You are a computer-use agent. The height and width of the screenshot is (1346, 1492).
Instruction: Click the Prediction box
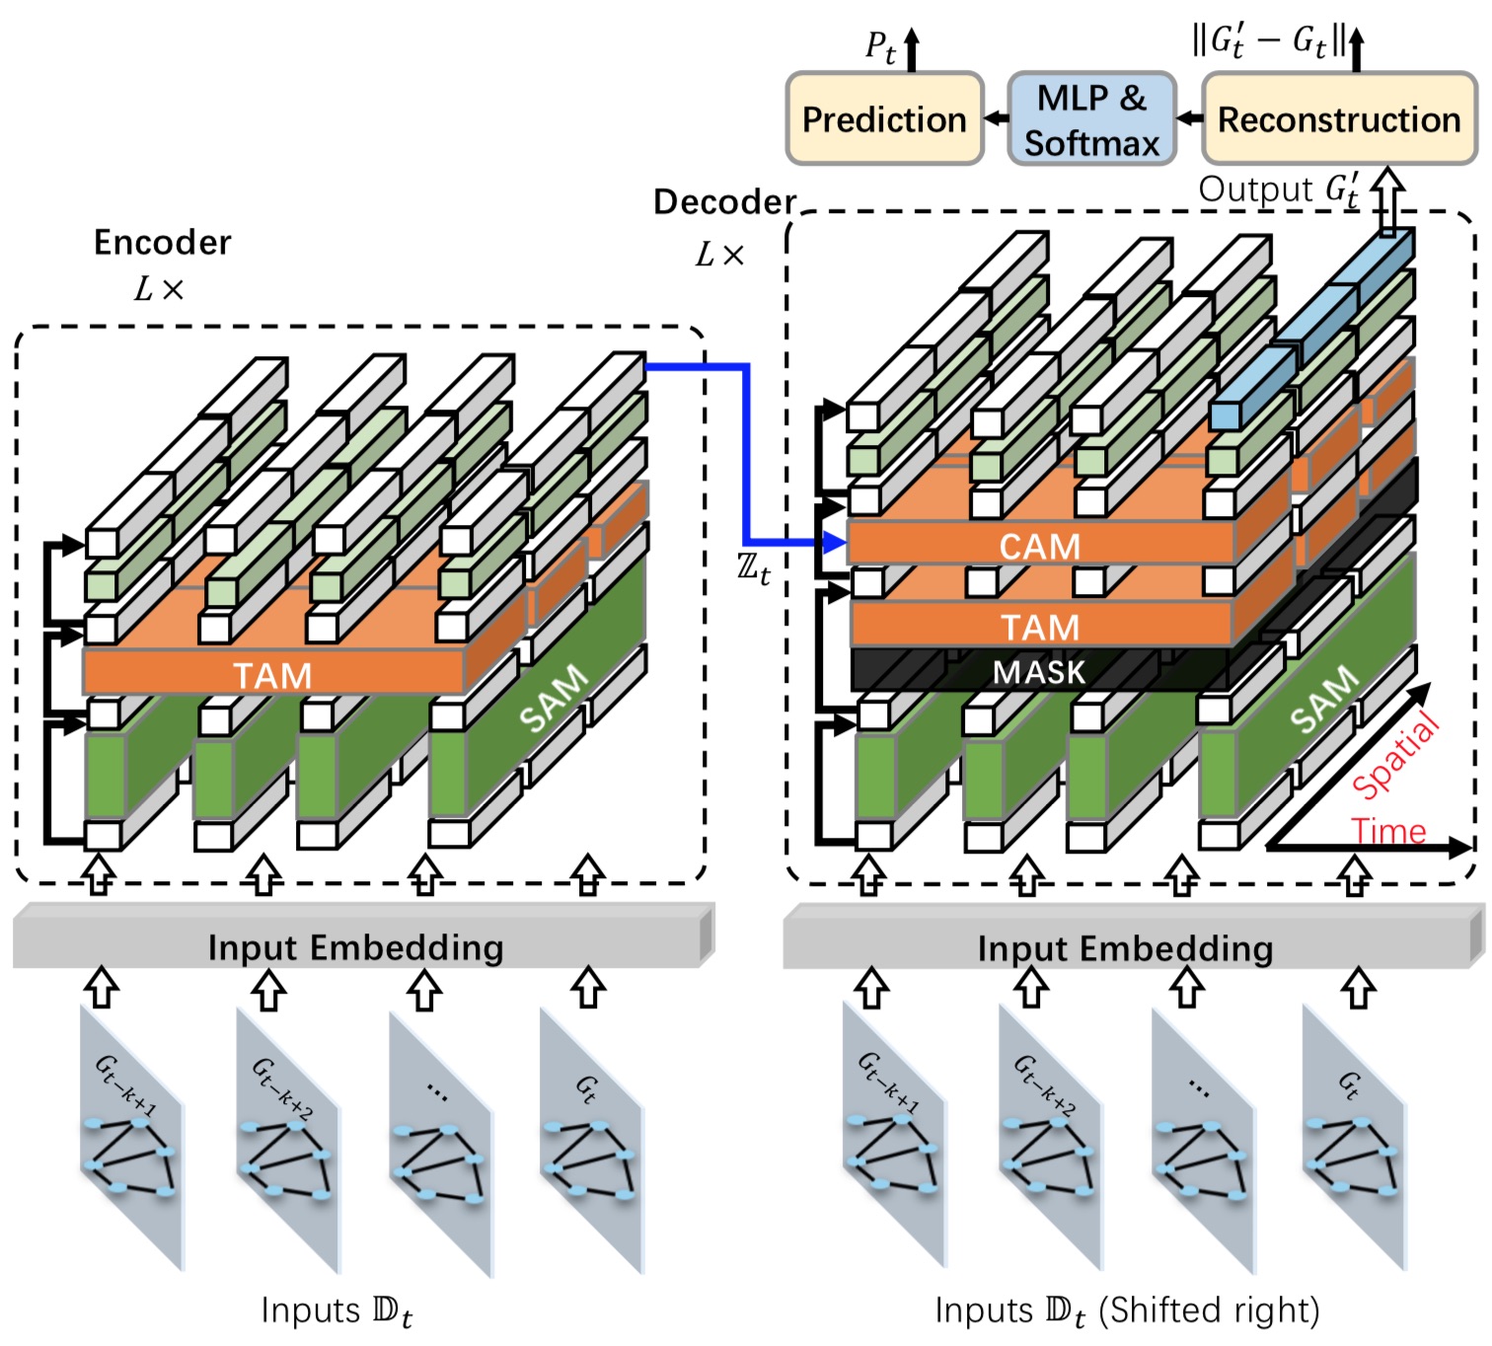pyautogui.click(x=884, y=118)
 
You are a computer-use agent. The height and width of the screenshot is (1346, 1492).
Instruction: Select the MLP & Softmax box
pyautogui.click(x=1091, y=118)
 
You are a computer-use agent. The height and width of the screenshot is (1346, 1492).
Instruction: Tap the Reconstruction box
pyautogui.click(x=1339, y=118)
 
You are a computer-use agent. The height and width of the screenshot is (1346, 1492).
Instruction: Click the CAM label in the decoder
pyautogui.click(x=1040, y=546)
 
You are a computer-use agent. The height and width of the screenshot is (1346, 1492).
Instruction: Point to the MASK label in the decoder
pyautogui.click(x=1039, y=672)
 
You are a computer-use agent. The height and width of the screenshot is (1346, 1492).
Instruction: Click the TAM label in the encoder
pyautogui.click(x=272, y=675)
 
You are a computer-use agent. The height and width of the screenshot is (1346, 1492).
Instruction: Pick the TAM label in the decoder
pyautogui.click(x=1040, y=628)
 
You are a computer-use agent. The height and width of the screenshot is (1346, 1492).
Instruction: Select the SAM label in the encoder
pyautogui.click(x=554, y=699)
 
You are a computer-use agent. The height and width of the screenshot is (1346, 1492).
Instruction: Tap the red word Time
pyautogui.click(x=1388, y=832)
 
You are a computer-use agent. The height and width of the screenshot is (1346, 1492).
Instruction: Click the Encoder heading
pyautogui.click(x=162, y=242)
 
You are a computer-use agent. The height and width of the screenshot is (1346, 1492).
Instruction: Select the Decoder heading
pyautogui.click(x=724, y=201)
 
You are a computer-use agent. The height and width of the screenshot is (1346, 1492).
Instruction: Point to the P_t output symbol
pyautogui.click(x=879, y=45)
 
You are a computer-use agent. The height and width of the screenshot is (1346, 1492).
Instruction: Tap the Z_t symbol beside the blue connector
pyautogui.click(x=753, y=568)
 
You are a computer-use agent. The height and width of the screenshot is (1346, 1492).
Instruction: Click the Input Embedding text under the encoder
pyautogui.click(x=355, y=947)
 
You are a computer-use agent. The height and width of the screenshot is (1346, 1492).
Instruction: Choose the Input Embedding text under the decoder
pyautogui.click(x=1125, y=948)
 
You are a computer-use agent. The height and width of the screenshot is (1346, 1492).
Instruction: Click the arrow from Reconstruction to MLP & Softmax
pyautogui.click(x=1190, y=118)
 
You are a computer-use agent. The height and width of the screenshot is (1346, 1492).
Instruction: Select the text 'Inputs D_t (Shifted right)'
pyautogui.click(x=1127, y=1310)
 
